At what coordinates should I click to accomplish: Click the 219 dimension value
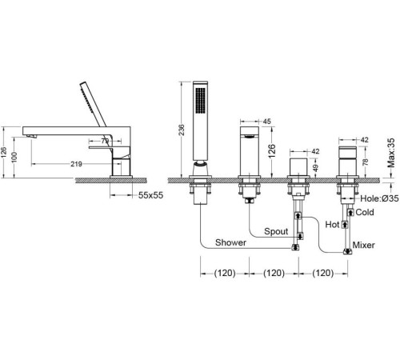click(x=76, y=164)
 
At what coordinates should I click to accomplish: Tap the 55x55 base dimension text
click(x=150, y=195)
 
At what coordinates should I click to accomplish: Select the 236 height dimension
click(x=182, y=130)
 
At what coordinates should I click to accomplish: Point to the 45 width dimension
click(x=267, y=122)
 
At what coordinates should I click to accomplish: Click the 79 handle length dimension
click(x=105, y=141)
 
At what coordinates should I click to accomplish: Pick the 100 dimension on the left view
click(x=14, y=157)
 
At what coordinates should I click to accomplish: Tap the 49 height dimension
click(x=315, y=168)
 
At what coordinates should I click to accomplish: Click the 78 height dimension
click(x=365, y=162)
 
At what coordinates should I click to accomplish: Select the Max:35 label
click(x=390, y=153)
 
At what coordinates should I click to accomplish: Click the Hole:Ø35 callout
click(x=379, y=198)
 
